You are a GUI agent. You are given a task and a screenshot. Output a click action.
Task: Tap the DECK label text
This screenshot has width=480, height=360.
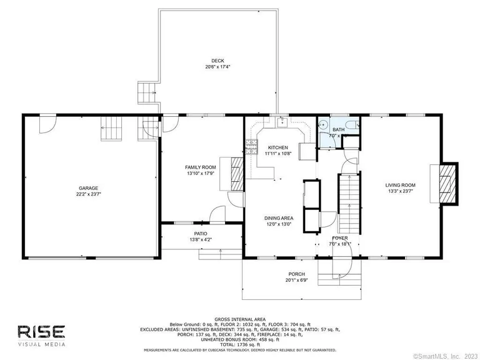(217, 61)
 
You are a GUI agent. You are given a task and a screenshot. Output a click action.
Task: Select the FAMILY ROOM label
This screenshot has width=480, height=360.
(200, 167)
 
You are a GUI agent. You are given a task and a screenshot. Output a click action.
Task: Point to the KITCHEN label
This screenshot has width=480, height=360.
(278, 147)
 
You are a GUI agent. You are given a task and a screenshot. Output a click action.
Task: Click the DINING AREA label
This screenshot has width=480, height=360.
(278, 217)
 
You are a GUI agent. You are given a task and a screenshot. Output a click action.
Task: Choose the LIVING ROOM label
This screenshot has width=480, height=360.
(400, 185)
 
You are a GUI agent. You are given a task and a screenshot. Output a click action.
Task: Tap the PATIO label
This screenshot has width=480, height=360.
(200, 233)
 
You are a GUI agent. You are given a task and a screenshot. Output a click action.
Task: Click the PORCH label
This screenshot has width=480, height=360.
(296, 274)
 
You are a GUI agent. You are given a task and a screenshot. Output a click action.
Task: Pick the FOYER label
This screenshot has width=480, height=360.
(339, 238)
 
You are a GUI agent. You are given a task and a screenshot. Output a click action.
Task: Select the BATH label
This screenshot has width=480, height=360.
(329, 129)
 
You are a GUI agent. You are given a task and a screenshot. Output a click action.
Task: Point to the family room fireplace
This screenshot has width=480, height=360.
(236, 172)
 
